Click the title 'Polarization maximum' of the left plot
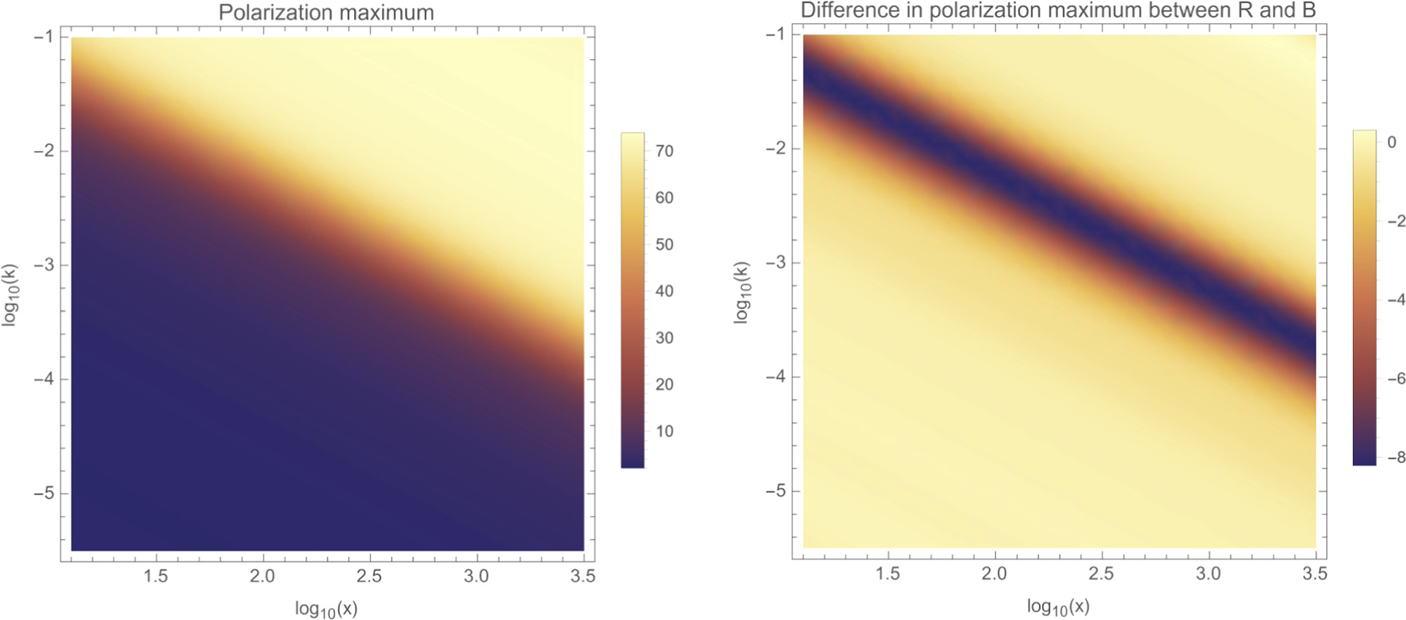tap(326, 13)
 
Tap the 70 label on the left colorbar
tap(664, 151)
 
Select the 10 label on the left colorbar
tap(664, 431)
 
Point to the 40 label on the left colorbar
tap(664, 291)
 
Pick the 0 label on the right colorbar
tap(1391, 142)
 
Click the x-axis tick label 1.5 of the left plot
tap(155, 576)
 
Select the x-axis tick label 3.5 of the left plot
tap(583, 576)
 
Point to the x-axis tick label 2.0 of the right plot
tap(993, 573)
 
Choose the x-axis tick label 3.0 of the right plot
tap(1208, 573)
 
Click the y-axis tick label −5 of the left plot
tap(44, 493)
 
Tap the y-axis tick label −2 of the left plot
tap(44, 151)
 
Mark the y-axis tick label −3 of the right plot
tap(775, 262)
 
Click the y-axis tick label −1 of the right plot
tap(775, 34)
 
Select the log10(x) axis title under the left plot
tap(326, 609)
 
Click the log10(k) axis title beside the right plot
tap(741, 292)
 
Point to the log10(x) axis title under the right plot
tap(1058, 607)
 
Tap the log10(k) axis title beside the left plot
tap(9, 295)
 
